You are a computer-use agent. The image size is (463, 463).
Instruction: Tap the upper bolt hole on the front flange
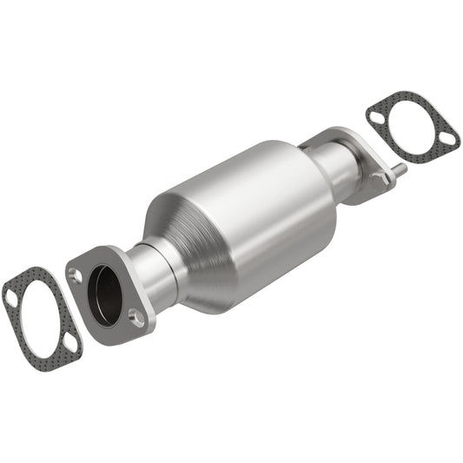pos(76,275)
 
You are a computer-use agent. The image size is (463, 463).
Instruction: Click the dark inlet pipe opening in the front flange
pos(105,295)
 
